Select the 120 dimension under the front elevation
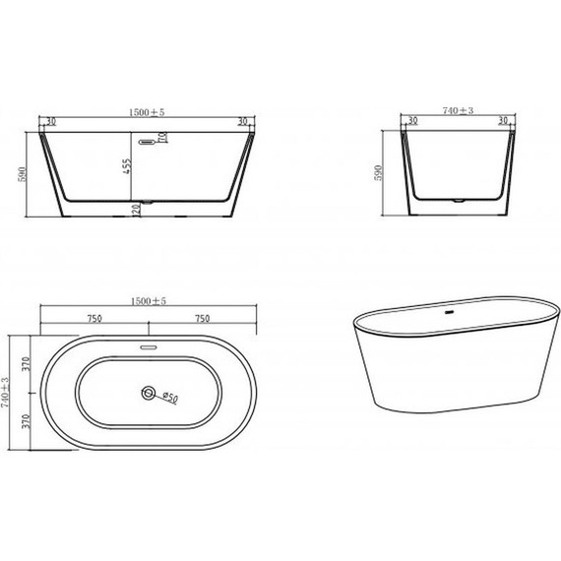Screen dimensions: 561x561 (x=139, y=212)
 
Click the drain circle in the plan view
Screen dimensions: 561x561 (x=148, y=394)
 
